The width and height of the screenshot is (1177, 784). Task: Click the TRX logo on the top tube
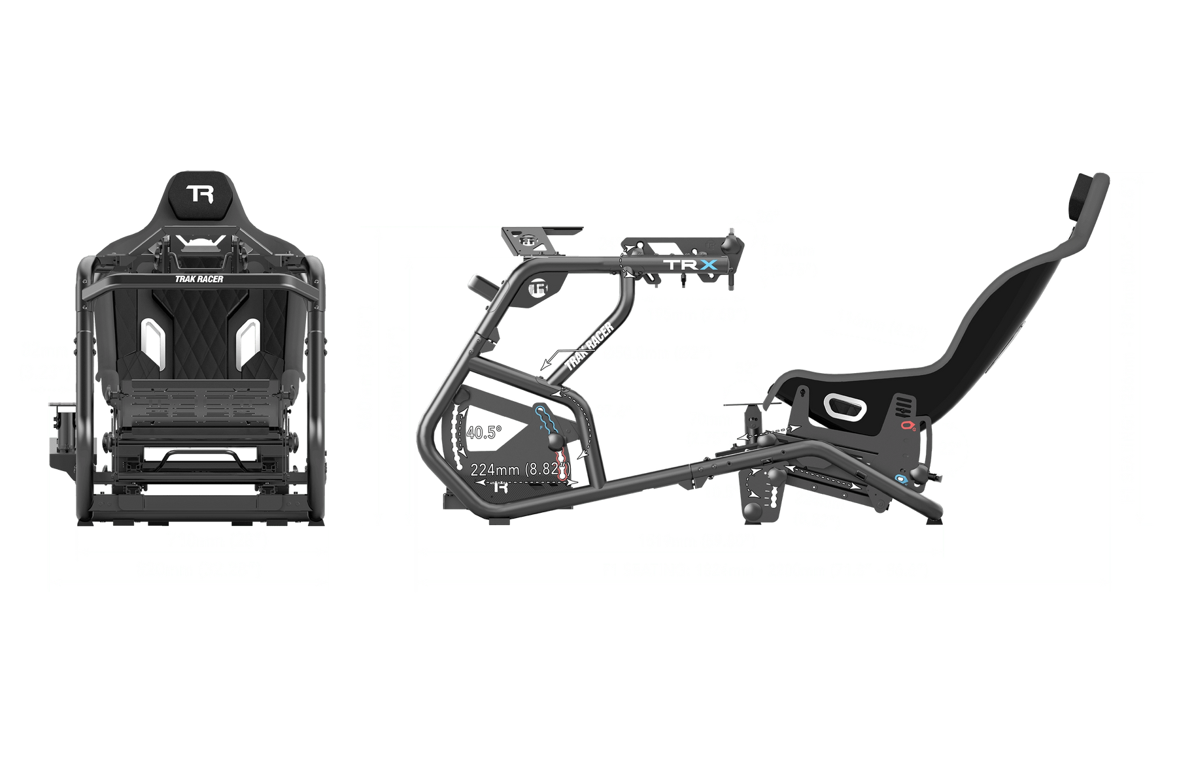[691, 265]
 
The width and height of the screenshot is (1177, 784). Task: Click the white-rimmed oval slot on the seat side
[844, 407]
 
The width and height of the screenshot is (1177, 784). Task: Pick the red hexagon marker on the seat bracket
[908, 426]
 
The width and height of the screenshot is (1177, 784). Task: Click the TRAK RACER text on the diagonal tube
[588, 347]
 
